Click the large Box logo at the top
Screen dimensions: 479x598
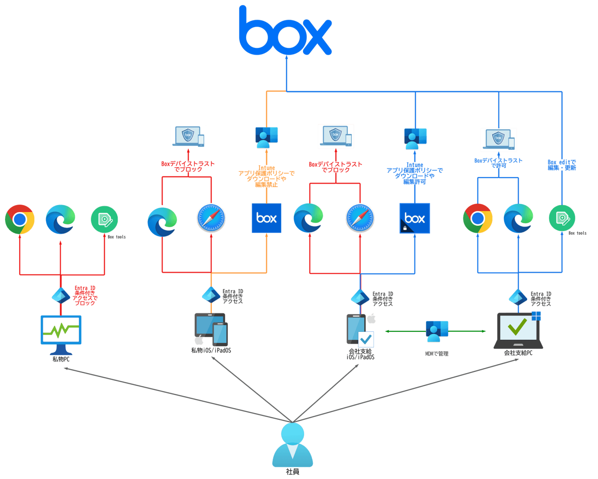285,31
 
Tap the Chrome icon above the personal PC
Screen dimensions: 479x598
20,219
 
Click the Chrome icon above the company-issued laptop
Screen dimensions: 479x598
478,218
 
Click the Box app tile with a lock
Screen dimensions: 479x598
415,218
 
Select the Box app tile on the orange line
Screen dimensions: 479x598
266,218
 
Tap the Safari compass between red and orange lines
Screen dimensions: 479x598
211,218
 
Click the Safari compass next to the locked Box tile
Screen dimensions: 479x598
360,218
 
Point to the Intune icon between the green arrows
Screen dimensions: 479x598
436,331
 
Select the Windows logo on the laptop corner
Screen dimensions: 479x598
536,315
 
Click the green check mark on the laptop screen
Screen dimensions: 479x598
517,327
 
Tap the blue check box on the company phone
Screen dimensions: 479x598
366,340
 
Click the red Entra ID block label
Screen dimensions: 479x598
85,295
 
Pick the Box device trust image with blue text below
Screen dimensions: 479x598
499,139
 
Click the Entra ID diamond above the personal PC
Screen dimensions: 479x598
60,295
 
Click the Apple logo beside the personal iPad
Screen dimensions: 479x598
199,340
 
